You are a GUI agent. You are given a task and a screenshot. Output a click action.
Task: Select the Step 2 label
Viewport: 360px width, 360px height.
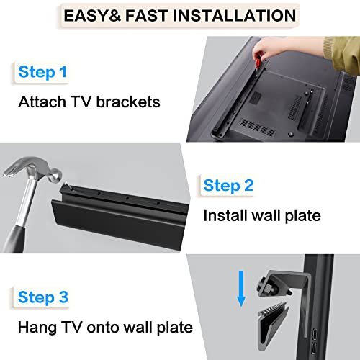coord(229,186)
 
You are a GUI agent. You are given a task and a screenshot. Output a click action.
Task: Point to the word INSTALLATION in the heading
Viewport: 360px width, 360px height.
coord(235,15)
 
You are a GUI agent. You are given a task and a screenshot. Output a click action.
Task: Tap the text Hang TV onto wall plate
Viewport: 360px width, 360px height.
coord(106,328)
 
